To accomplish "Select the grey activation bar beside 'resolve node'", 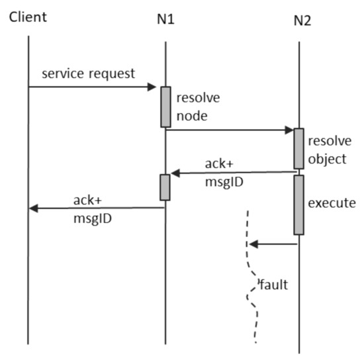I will click(165, 106).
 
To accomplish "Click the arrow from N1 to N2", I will click(232, 130).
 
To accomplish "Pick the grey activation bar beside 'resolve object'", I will click(299, 148).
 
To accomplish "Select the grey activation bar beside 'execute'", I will click(299, 204).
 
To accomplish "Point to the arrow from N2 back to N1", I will click(232, 173).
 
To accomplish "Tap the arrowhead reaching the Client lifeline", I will click(34, 208).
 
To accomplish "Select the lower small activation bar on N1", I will click(165, 187).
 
